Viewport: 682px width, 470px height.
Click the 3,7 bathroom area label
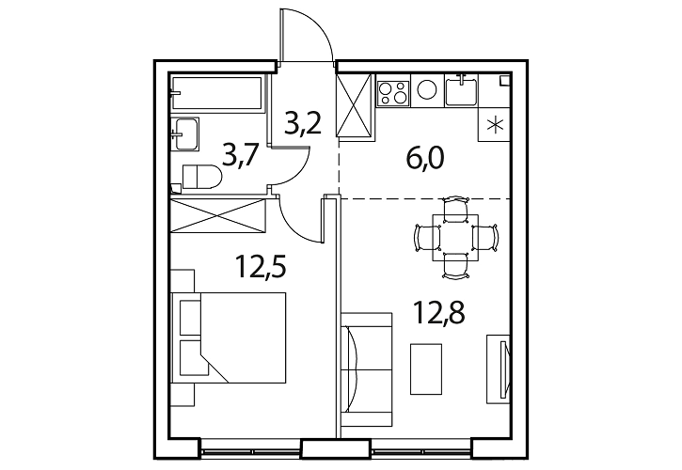pyautogui.click(x=241, y=156)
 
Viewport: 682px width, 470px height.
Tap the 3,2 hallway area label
pyautogui.click(x=303, y=123)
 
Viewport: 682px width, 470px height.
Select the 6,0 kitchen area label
pyautogui.click(x=424, y=158)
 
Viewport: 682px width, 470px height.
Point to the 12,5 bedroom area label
pyautogui.click(x=261, y=266)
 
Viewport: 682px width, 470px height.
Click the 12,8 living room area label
pyautogui.click(x=439, y=313)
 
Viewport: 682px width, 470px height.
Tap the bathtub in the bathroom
pyautogui.click(x=217, y=93)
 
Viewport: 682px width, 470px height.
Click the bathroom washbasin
pyautogui.click(x=185, y=133)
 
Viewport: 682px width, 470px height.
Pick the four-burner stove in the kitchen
pyautogui.click(x=393, y=93)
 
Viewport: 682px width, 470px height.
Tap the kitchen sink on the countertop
pyautogui.click(x=461, y=90)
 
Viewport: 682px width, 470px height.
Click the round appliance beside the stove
pyautogui.click(x=427, y=89)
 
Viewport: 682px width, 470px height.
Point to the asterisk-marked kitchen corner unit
pyautogui.click(x=494, y=124)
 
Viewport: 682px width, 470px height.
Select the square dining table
pyautogui.click(x=455, y=238)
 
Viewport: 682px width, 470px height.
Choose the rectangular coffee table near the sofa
pyautogui.click(x=426, y=368)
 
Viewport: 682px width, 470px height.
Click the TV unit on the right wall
pyautogui.click(x=499, y=368)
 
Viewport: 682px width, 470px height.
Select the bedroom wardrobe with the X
pyautogui.click(x=218, y=215)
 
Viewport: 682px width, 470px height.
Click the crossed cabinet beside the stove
pyautogui.click(x=355, y=106)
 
